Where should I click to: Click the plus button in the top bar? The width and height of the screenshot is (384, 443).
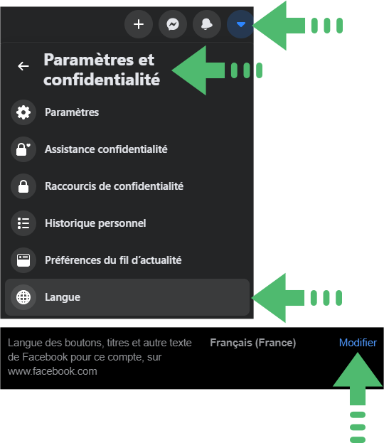(139, 24)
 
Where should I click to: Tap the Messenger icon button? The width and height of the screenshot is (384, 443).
(173, 24)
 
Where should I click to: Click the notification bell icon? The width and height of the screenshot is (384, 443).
(207, 24)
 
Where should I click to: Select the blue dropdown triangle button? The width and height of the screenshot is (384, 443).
(240, 24)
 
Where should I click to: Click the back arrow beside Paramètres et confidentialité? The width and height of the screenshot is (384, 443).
(23, 66)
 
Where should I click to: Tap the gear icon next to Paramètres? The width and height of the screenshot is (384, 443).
(23, 112)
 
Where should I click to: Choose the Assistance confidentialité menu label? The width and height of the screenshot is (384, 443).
(106, 149)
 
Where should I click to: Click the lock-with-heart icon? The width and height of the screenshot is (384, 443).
(23, 149)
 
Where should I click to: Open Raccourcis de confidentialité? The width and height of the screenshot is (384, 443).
(114, 186)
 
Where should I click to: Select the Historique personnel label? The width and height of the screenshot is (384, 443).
(95, 223)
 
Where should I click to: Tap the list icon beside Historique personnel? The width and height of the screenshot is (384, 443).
(23, 223)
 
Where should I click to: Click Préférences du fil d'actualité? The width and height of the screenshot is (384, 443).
(113, 260)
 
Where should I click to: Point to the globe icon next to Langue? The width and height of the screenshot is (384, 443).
(23, 297)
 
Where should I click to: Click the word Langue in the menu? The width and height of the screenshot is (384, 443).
(63, 297)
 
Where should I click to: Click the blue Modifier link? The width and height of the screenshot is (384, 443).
(358, 343)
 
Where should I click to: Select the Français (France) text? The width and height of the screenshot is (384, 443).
(253, 343)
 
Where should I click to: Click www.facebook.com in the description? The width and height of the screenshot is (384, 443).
(53, 371)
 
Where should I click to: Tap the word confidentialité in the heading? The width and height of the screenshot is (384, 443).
(102, 80)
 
